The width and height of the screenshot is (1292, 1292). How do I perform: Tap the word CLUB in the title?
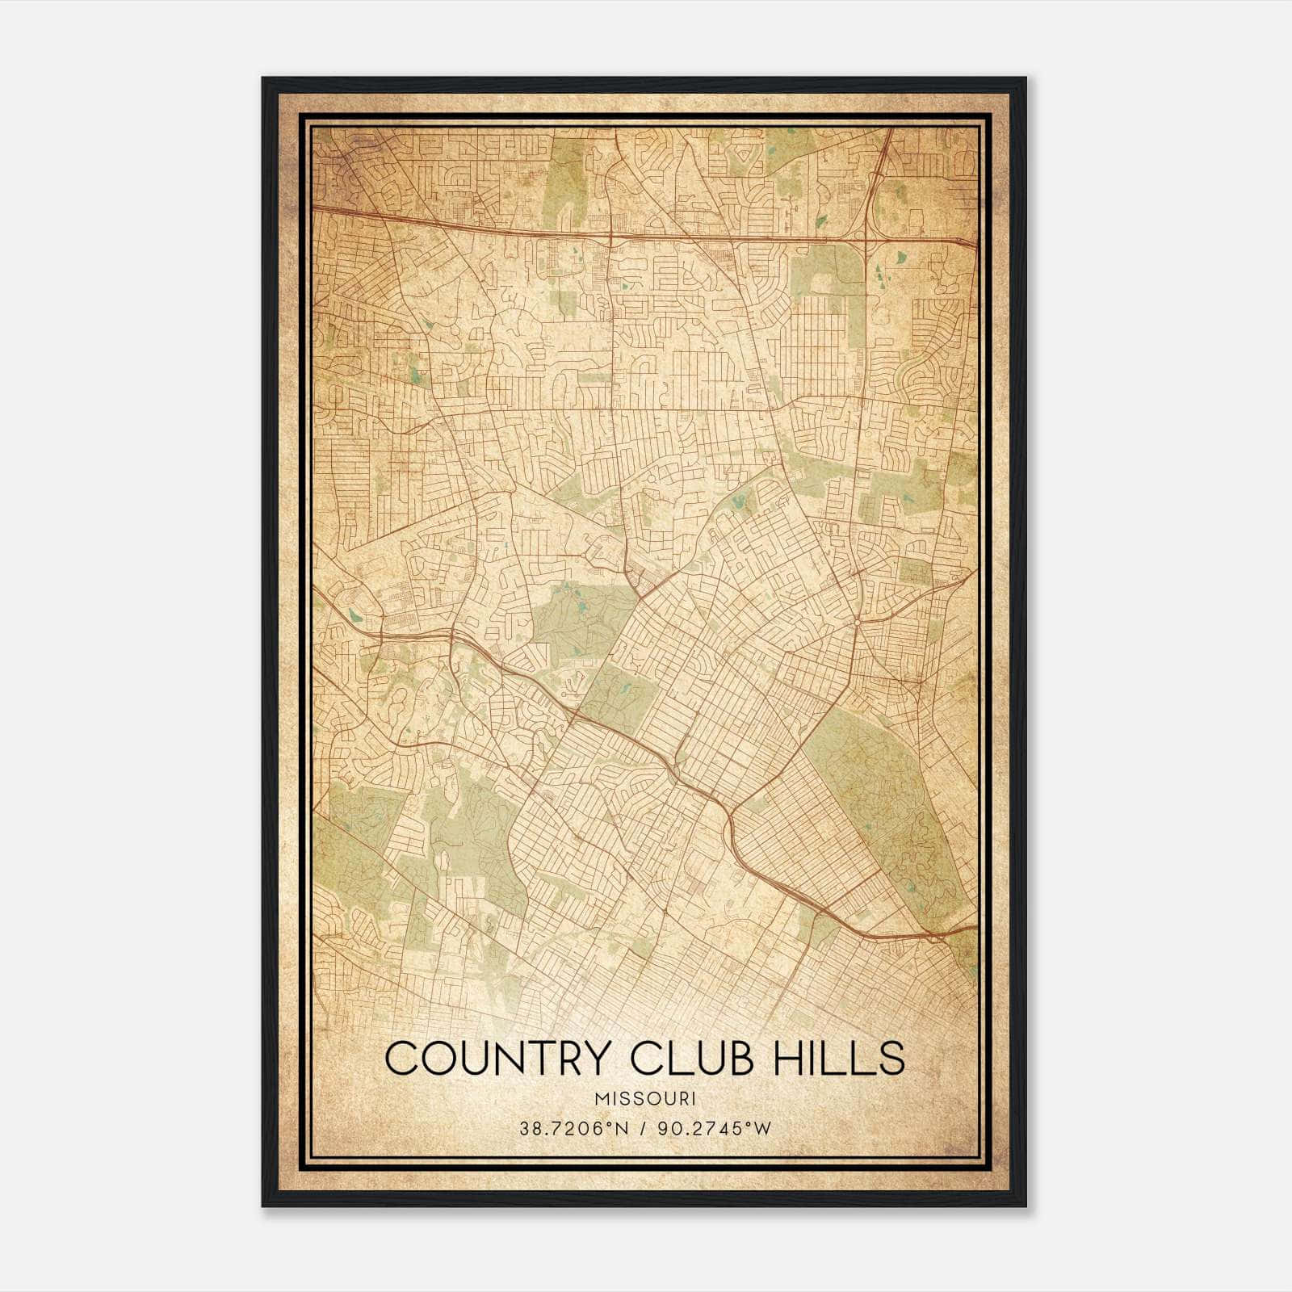pos(697,1058)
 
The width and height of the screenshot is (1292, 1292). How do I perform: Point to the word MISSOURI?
pos(645,1099)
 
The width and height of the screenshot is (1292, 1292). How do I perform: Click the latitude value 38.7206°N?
pos(573,1129)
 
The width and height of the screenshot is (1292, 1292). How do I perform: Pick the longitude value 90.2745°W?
pos(715,1129)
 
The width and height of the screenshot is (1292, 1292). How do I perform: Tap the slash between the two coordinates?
pos(644,1129)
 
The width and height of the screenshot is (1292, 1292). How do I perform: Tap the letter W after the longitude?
pos(764,1129)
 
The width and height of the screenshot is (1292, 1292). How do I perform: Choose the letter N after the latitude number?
pos(623,1129)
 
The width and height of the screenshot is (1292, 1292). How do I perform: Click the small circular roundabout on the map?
pos(856,623)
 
